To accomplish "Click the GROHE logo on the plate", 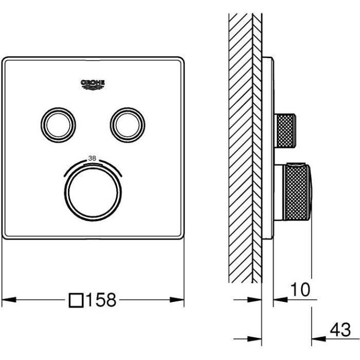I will [x=93, y=84].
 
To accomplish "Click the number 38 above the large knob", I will [x=92, y=158].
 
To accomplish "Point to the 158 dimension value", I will [x=102, y=299].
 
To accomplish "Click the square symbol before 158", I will [x=77, y=299].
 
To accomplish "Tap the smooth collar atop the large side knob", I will [x=297, y=167].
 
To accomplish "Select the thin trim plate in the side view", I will [x=267, y=149].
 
